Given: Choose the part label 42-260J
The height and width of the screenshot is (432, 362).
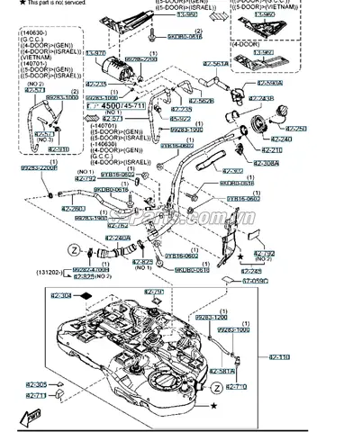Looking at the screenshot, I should tap(73, 208).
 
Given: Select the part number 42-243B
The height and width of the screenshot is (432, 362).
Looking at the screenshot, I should tap(260, 98).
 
